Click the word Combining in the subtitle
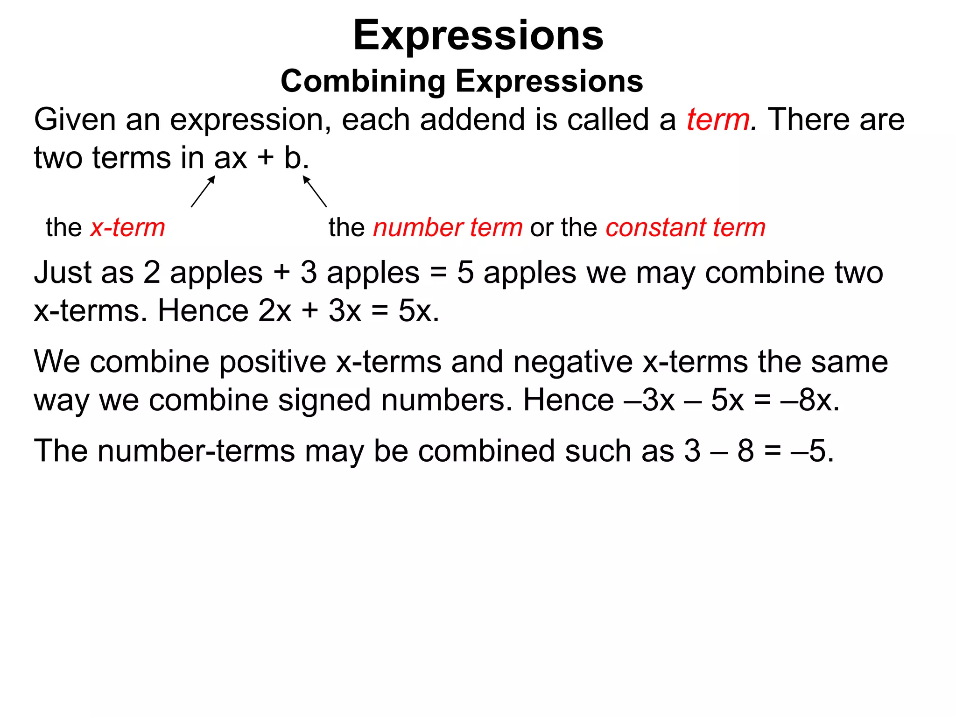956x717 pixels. (x=363, y=81)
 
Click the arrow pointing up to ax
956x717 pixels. (x=203, y=191)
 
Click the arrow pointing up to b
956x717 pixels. (x=315, y=191)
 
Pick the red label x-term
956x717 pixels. (x=128, y=228)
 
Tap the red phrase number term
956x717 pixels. (x=448, y=228)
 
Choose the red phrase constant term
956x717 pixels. (x=685, y=228)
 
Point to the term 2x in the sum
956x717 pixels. (x=275, y=311)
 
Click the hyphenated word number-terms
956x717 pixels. (x=196, y=451)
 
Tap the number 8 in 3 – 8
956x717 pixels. (x=746, y=451)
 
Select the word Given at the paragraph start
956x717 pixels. (x=75, y=119)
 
